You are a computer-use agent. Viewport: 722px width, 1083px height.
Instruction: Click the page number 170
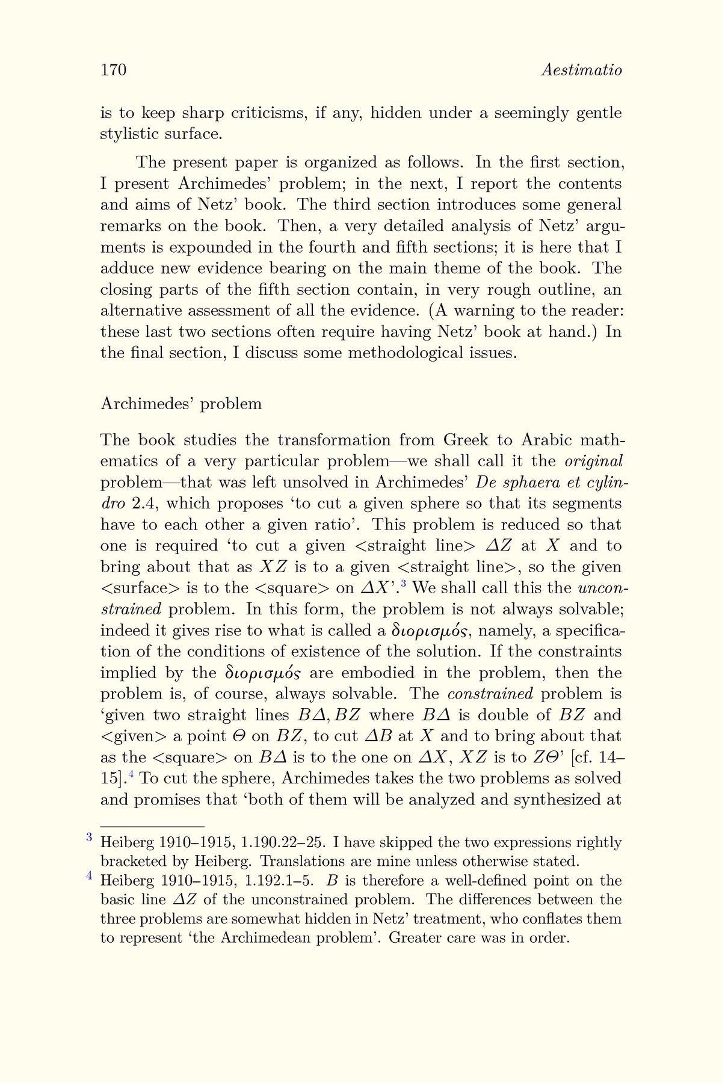point(113,70)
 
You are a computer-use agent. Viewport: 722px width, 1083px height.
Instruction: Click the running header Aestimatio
point(581,70)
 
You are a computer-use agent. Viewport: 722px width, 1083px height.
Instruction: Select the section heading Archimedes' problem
point(181,403)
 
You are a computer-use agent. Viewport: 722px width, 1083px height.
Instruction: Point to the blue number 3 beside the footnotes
point(88,837)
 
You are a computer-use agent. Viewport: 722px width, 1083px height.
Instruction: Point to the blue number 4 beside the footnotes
point(88,875)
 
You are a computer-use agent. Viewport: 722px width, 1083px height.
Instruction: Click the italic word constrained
point(490,694)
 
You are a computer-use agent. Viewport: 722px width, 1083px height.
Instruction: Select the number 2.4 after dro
point(143,504)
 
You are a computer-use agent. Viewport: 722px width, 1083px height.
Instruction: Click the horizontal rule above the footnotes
point(152,827)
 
